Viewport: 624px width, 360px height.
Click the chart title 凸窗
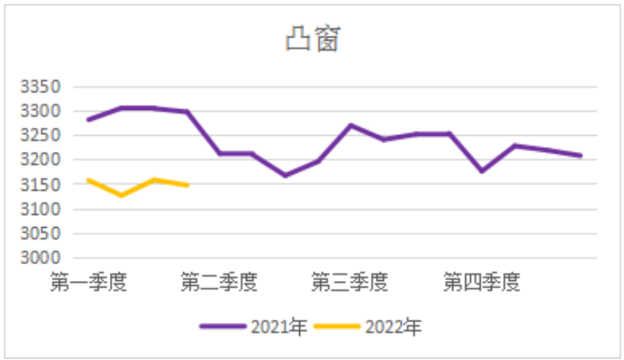(312, 40)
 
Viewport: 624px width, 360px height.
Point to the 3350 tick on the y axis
(40, 87)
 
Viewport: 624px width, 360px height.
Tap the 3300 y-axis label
(40, 111)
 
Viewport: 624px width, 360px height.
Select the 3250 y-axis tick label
(40, 136)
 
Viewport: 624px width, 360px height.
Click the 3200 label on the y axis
(40, 160)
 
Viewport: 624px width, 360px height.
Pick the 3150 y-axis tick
(40, 185)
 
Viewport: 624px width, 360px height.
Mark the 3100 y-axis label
(40, 209)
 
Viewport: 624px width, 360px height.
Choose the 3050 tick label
(40, 234)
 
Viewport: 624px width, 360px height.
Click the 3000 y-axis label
(40, 258)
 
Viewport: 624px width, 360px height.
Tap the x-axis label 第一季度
(88, 283)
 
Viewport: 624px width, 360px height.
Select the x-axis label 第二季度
(219, 283)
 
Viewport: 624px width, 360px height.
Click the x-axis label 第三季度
(350, 283)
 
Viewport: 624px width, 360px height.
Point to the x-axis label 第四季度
(482, 283)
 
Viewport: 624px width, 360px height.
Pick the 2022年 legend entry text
(393, 328)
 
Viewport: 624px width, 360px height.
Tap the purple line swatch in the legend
(223, 327)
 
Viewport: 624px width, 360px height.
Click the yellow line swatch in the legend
(337, 327)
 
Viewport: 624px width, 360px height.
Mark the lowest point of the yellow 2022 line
(121, 195)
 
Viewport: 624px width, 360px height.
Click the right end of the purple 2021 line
(581, 155)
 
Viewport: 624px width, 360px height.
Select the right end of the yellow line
(188, 185)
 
